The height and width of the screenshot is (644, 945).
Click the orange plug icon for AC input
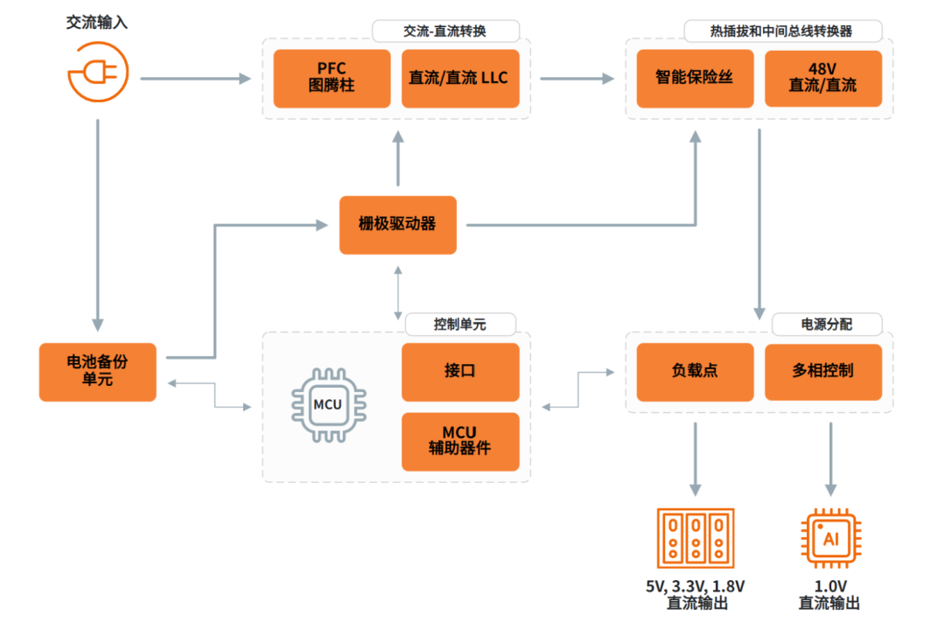click(98, 71)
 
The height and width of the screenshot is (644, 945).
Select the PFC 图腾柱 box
click(332, 78)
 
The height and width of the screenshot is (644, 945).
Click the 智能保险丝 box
click(695, 78)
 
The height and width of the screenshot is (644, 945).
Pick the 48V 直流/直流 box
click(822, 78)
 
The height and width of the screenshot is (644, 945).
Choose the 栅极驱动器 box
click(398, 225)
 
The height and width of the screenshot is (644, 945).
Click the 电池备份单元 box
click(98, 372)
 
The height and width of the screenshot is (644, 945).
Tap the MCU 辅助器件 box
click(460, 442)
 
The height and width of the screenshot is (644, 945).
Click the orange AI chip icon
click(830, 538)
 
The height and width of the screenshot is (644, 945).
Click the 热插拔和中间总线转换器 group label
click(781, 31)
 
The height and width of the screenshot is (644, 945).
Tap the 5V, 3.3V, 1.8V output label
click(696, 594)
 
